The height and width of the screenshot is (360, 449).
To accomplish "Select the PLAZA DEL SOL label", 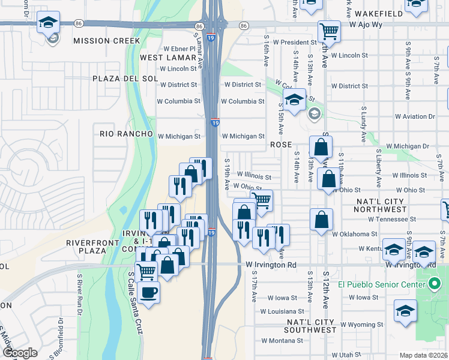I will [125, 79].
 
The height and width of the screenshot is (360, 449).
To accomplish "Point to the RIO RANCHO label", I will [127, 134].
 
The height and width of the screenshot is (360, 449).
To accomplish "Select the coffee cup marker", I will [149, 293].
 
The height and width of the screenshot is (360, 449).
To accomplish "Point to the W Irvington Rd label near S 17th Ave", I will [271, 265].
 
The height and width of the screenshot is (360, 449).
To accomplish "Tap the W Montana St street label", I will [282, 340].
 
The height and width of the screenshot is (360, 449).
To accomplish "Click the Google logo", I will [20, 353].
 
